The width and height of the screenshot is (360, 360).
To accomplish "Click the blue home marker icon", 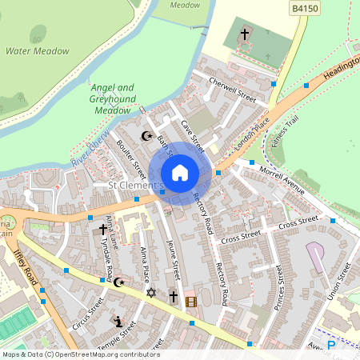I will [180, 172].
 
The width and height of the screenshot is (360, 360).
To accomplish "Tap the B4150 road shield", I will [301, 8].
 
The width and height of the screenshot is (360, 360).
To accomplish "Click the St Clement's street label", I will [136, 186].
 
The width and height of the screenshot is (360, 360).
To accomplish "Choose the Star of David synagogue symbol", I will [150, 294].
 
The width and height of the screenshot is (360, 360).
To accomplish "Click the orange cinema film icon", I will [190, 302].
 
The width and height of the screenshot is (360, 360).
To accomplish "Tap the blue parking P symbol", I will [332, 344].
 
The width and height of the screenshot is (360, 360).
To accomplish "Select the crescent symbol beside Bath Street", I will [146, 136].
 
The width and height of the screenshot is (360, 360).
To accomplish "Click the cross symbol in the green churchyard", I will [245, 34].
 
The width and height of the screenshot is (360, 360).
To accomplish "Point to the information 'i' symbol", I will [118, 322].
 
